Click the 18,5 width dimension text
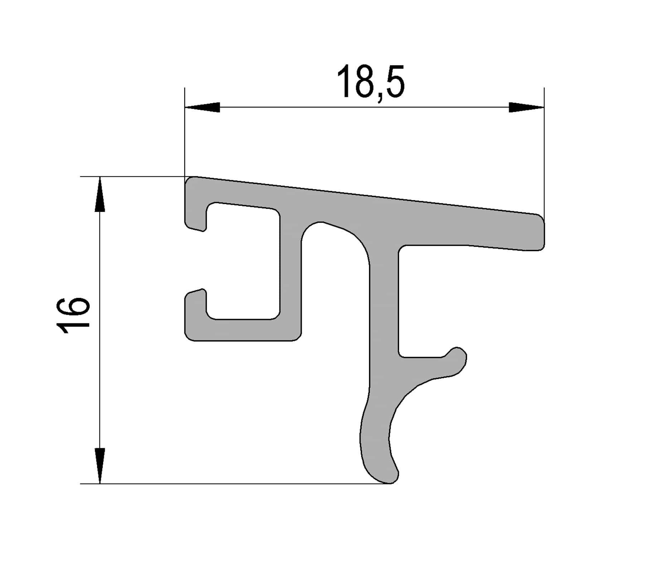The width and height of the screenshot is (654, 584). (370, 82)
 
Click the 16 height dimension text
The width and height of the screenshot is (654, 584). (73, 315)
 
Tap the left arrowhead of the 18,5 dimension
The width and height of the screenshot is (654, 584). (202, 107)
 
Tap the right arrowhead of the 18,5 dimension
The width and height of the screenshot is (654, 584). (526, 107)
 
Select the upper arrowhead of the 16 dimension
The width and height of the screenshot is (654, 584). (100, 194)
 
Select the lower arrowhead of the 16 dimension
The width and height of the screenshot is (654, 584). (100, 465)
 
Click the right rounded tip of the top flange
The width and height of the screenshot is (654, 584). (540, 232)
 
